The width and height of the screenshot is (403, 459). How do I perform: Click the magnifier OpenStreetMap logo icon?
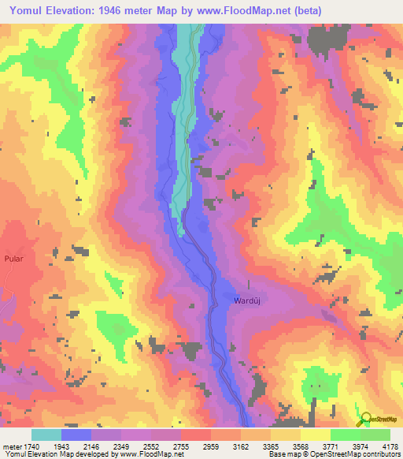coord(364,419)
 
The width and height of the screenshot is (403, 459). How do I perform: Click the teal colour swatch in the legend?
coord(46,435)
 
